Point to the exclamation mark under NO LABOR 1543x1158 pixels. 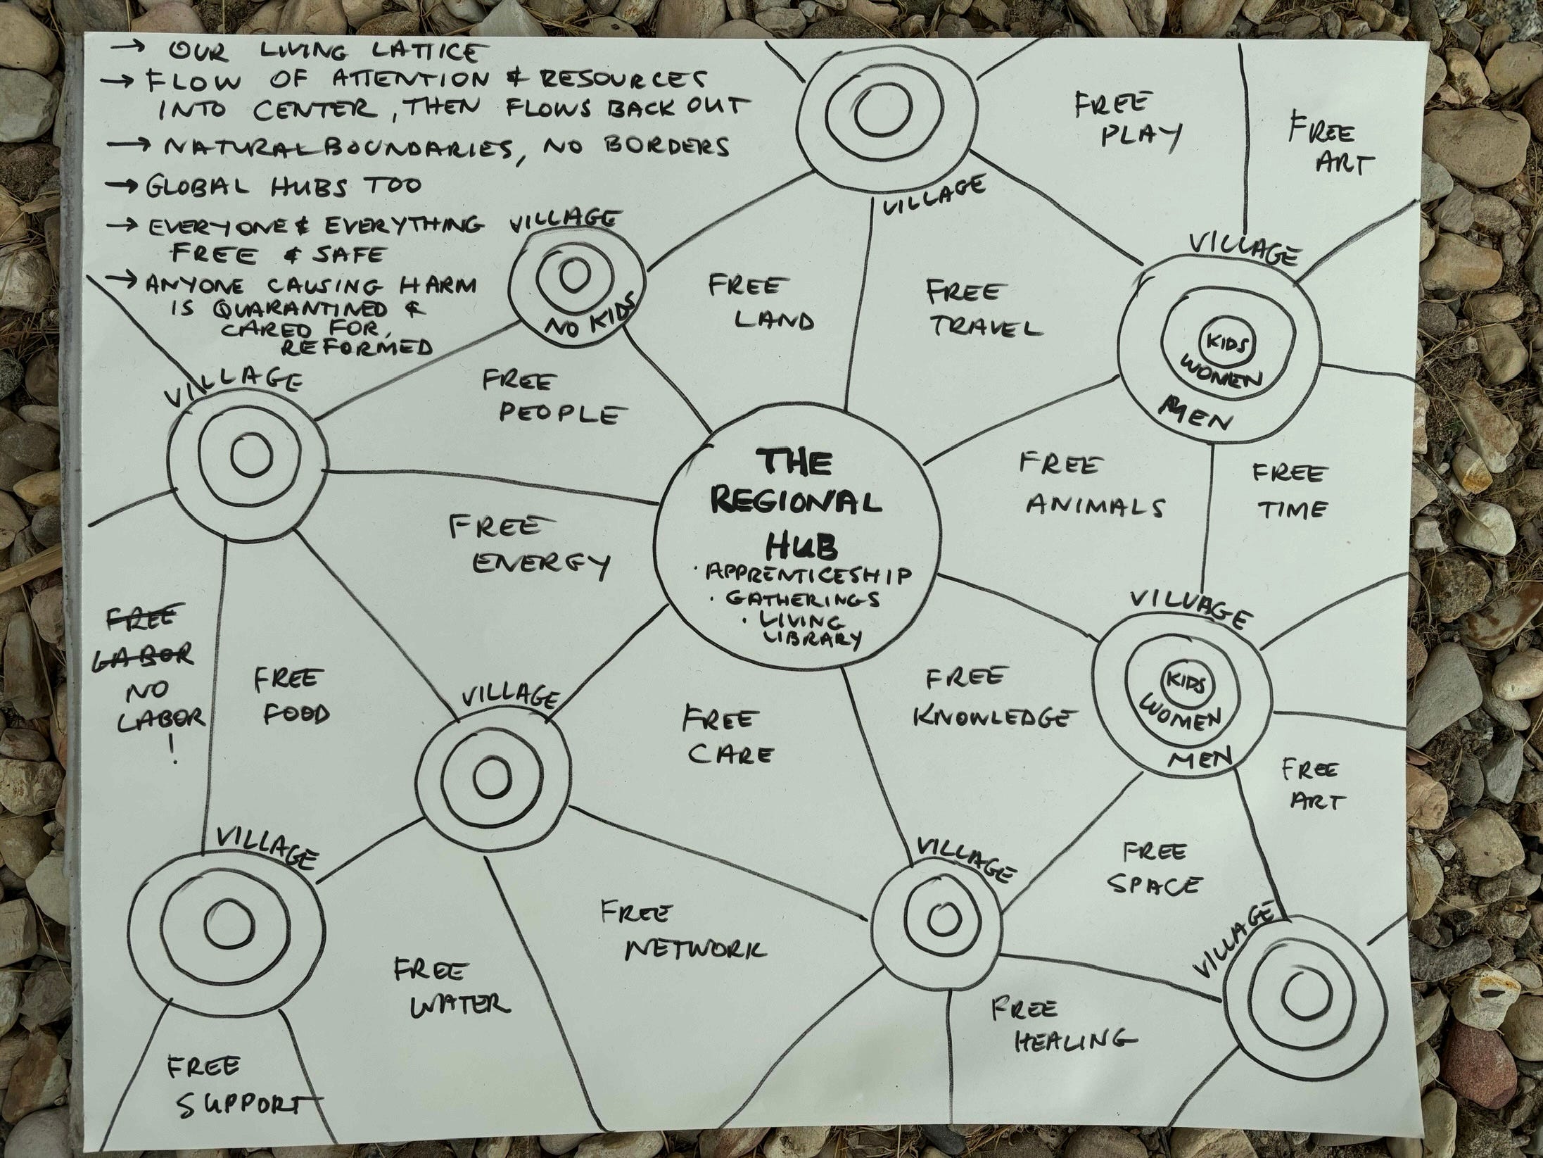click(173, 755)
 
